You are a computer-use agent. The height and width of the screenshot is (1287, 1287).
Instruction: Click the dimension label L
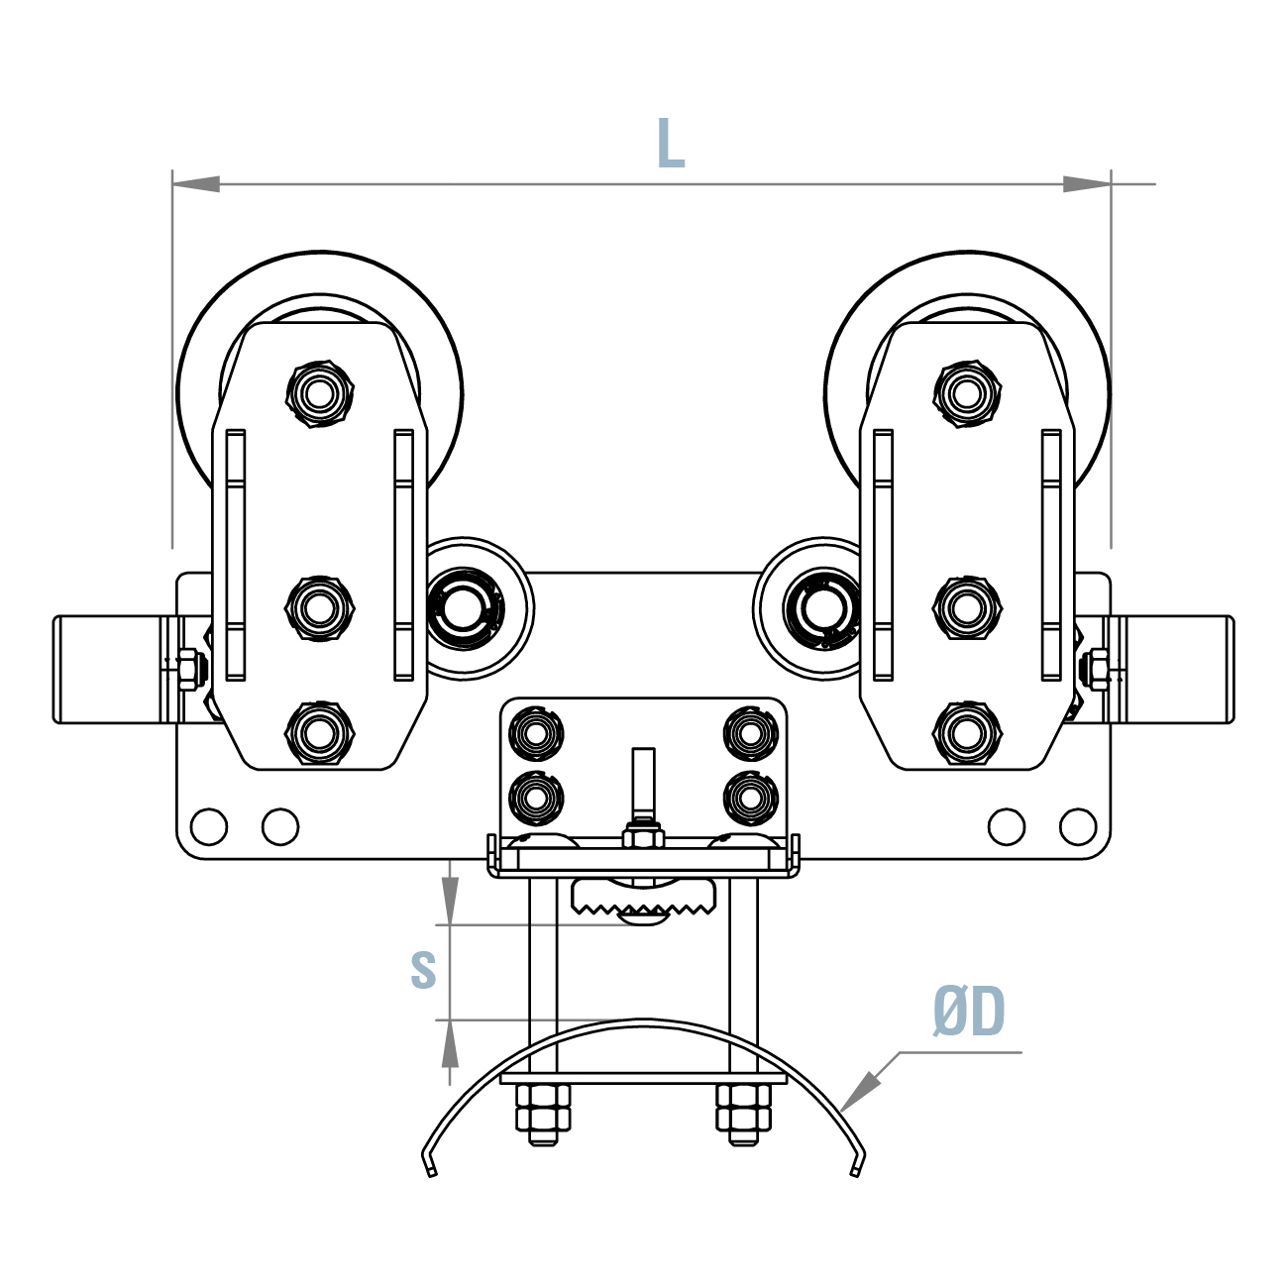pyautogui.click(x=671, y=144)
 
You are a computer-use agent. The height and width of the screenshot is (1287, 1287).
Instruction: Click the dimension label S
pyautogui.click(x=423, y=970)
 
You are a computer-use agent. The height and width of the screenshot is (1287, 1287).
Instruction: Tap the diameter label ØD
pyautogui.click(x=968, y=1013)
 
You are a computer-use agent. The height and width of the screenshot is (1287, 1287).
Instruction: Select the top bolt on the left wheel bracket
pyautogui.click(x=319, y=394)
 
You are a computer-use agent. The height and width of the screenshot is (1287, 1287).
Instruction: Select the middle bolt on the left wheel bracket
pyautogui.click(x=319, y=606)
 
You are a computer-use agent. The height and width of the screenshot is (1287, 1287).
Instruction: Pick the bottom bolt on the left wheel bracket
pyautogui.click(x=319, y=732)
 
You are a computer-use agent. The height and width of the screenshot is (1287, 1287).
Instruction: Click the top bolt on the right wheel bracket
pyautogui.click(x=966, y=394)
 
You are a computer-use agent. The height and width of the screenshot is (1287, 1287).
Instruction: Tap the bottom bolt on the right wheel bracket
pyautogui.click(x=966, y=732)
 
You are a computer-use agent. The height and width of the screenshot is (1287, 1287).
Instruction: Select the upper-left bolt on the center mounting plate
pyautogui.click(x=535, y=733)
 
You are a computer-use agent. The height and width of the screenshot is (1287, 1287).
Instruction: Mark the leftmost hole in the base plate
pyautogui.click(x=209, y=825)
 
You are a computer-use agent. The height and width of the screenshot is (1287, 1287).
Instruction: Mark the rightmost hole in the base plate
pyautogui.click(x=1078, y=825)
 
